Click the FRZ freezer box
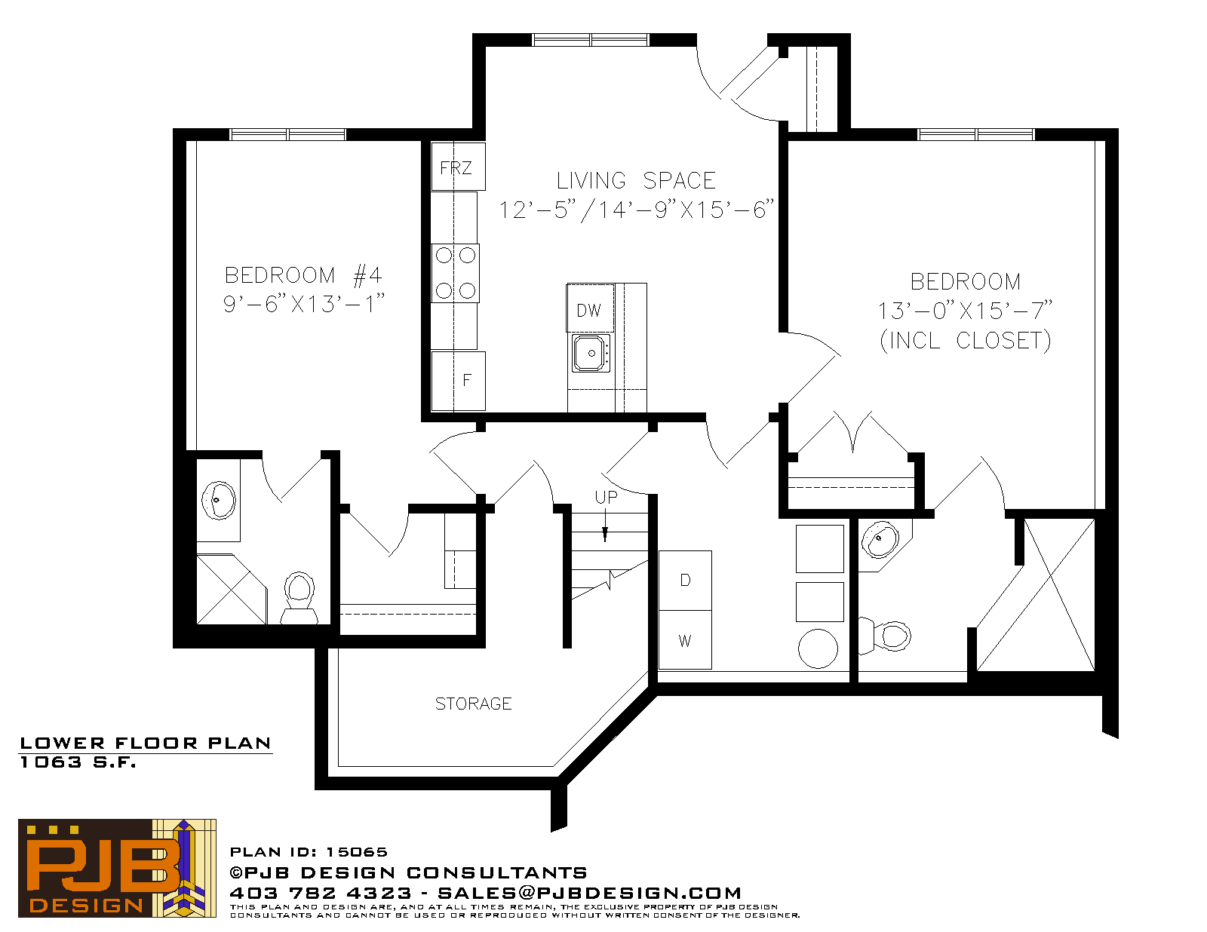click(x=458, y=167)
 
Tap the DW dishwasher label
click(x=588, y=311)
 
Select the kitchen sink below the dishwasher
click(x=591, y=353)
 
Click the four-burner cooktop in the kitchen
click(x=455, y=273)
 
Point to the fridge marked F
click(x=458, y=381)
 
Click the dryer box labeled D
click(x=685, y=581)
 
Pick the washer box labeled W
click(x=685, y=640)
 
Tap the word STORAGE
click(x=473, y=704)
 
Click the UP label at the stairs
click(x=606, y=498)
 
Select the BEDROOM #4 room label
click(x=303, y=275)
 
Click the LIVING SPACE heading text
click(x=636, y=181)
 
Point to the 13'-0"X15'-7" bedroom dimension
click(x=965, y=311)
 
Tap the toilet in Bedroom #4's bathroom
click(x=299, y=597)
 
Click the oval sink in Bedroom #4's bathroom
click(x=219, y=500)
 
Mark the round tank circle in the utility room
click(x=818, y=648)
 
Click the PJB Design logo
click(x=117, y=869)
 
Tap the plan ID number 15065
click(x=357, y=852)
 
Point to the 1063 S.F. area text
click(x=78, y=762)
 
